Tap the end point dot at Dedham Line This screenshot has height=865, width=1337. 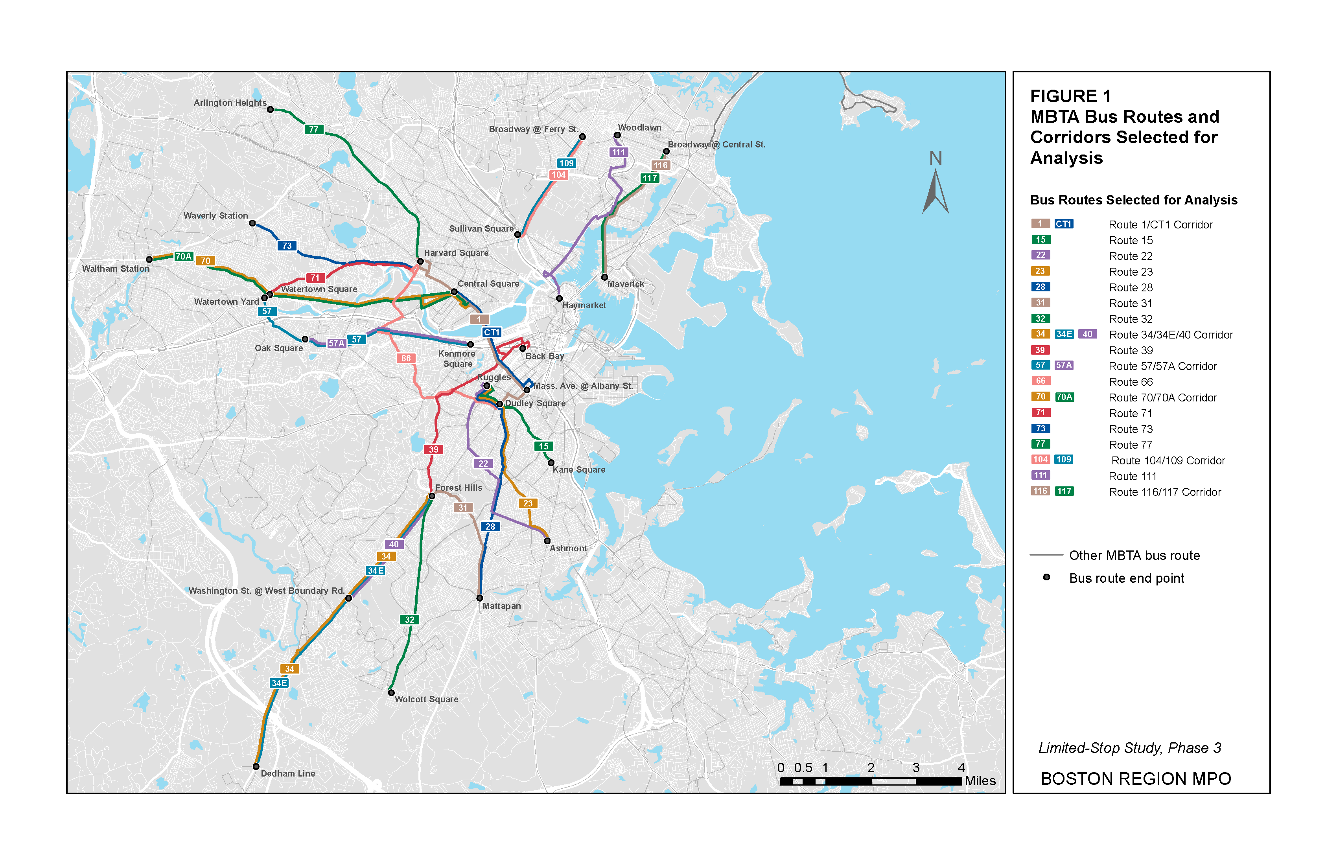coord(256,767)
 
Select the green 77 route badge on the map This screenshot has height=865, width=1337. coord(313,129)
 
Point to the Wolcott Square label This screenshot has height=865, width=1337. coord(426,699)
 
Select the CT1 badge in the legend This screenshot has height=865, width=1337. coord(1063,224)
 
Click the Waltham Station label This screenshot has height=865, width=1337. coord(116,269)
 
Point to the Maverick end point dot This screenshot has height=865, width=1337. coord(604,277)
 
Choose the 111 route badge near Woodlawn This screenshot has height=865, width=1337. coord(619,152)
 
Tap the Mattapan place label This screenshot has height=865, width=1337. coord(502,606)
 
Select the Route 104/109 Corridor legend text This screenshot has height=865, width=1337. coord(1168,460)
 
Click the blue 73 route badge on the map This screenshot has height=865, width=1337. coord(287,245)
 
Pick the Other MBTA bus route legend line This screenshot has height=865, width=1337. coord(1046,555)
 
